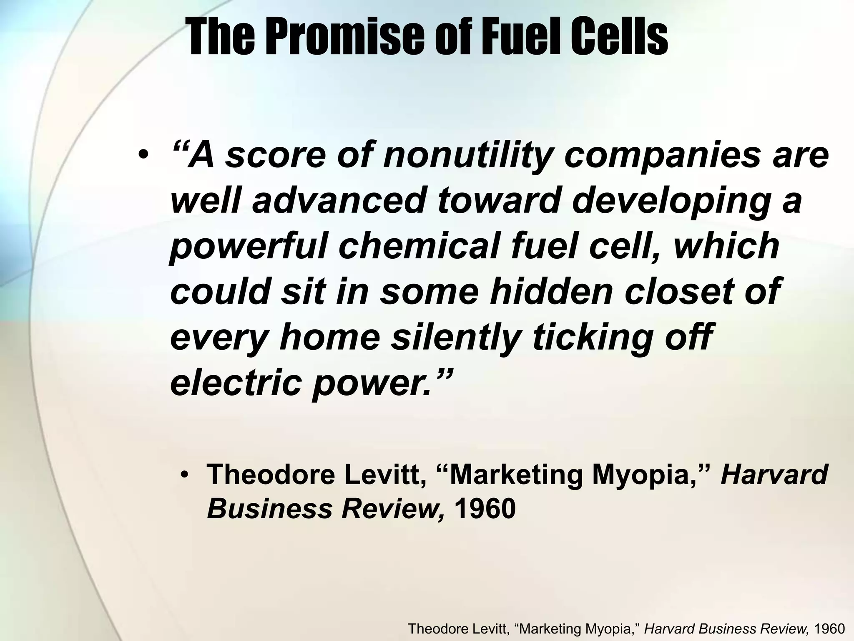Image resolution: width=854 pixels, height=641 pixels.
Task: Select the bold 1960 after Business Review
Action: click(x=485, y=509)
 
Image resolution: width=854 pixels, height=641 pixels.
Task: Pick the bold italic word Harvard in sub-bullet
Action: click(x=774, y=475)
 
